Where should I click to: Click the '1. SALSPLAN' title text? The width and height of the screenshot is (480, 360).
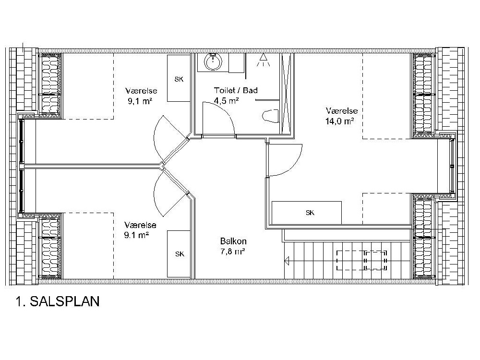[57, 302]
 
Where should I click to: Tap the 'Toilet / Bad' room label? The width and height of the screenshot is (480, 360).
[236, 90]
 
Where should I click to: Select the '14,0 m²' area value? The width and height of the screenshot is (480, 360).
[340, 121]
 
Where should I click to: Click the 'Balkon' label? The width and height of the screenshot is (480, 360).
[233, 241]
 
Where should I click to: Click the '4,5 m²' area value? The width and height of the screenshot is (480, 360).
[227, 101]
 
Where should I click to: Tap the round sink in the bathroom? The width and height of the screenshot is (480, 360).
[212, 61]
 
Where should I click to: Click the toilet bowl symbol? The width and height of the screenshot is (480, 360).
[271, 116]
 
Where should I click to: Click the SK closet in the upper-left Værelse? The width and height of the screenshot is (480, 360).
[179, 79]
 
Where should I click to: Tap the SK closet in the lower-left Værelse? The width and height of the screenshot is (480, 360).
[179, 254]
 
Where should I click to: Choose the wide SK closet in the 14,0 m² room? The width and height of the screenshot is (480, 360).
[307, 213]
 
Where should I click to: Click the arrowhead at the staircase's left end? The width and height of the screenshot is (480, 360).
[287, 262]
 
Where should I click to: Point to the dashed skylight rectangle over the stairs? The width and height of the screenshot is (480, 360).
[362, 261]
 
